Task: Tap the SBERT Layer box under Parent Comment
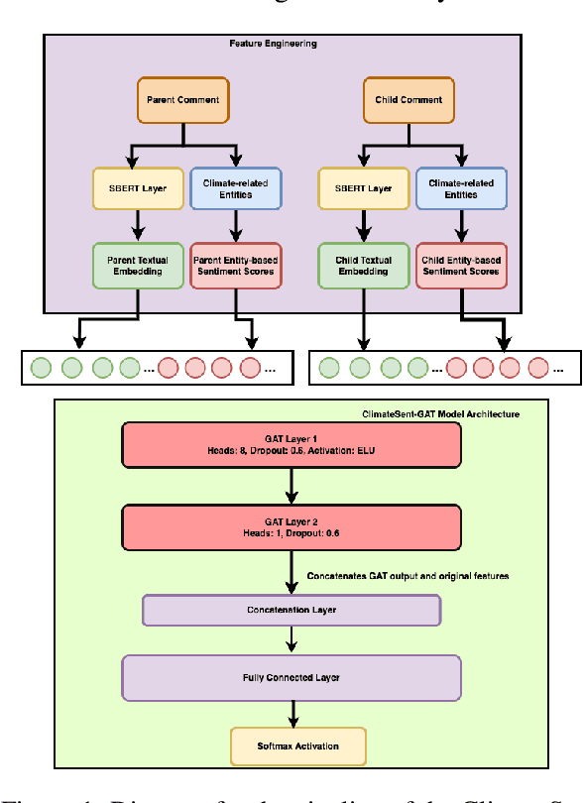(x=139, y=188)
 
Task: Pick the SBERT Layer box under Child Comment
(x=363, y=188)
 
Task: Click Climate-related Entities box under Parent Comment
(x=234, y=188)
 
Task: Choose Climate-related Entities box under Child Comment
(x=460, y=188)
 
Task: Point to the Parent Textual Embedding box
(x=139, y=267)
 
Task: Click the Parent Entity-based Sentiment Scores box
(x=235, y=267)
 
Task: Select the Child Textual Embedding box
(x=363, y=267)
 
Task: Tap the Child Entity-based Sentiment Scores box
(x=460, y=267)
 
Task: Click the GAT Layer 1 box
(x=291, y=444)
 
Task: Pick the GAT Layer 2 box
(x=291, y=525)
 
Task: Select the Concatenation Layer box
(x=291, y=610)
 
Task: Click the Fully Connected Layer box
(x=291, y=677)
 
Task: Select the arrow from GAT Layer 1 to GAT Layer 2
(x=291, y=485)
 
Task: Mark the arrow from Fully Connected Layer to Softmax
(x=291, y=714)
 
